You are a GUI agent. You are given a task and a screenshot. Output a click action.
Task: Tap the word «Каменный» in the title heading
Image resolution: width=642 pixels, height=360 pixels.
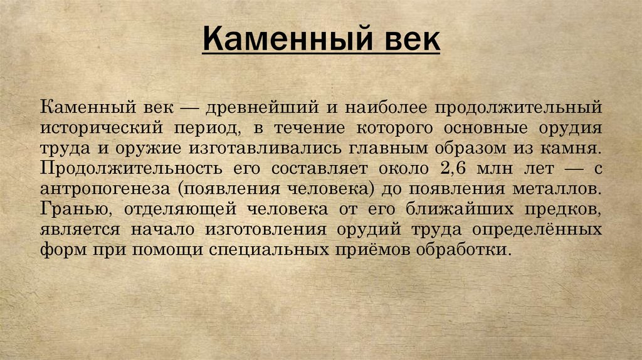280,41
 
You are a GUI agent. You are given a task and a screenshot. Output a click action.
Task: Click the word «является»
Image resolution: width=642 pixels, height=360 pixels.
78,230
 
